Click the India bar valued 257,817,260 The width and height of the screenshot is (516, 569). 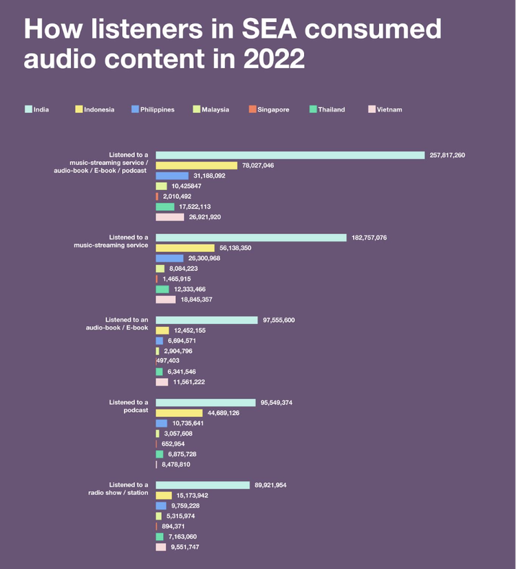[290, 155]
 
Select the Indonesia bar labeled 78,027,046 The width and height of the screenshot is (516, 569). [196, 165]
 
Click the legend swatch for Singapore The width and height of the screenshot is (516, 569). [252, 109]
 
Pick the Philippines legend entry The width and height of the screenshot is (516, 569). [157, 109]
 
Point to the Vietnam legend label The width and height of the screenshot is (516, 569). [389, 109]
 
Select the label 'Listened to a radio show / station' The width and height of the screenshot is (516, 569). [118, 489]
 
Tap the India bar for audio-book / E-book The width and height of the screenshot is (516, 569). [206, 320]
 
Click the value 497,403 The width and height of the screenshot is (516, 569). [168, 361]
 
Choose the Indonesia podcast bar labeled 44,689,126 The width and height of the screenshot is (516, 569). [179, 413]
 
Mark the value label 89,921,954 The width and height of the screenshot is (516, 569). [270, 485]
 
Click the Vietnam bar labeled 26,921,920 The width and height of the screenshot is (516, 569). [170, 217]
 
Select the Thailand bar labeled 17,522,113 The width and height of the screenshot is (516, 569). [165, 206]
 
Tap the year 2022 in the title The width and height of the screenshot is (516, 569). [273, 58]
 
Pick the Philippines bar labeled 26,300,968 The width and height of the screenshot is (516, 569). [169, 258]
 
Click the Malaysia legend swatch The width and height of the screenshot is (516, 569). [197, 109]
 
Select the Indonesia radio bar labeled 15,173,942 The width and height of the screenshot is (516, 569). [164, 495]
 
